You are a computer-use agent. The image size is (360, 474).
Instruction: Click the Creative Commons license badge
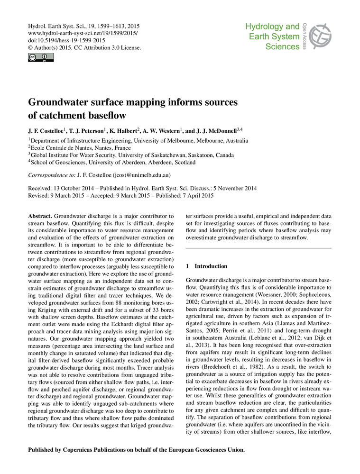41,58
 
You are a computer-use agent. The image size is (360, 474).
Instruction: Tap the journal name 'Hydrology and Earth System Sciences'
272,36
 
